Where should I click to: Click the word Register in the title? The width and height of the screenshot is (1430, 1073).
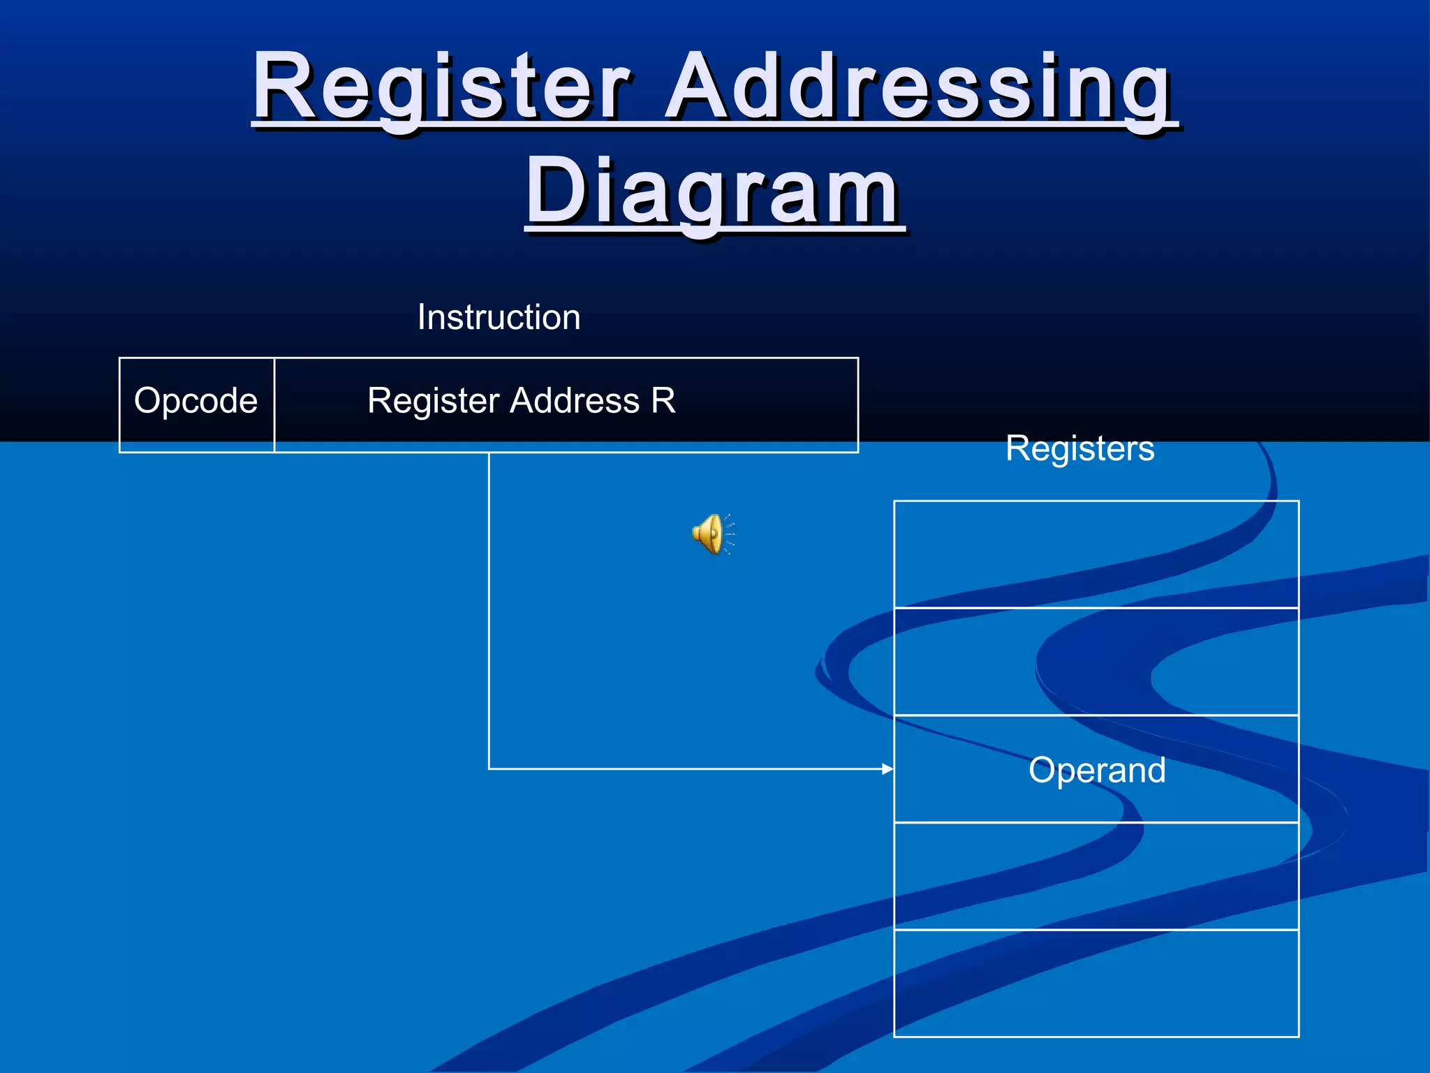click(441, 87)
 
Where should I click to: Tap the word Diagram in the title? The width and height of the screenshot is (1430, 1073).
click(714, 191)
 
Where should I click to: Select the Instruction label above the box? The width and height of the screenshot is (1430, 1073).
click(499, 317)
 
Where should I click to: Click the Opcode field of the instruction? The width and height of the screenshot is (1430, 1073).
click(196, 402)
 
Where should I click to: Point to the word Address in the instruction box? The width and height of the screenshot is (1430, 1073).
click(575, 401)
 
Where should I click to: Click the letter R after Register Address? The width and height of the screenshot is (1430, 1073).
click(663, 401)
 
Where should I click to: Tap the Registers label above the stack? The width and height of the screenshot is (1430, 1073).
click(1079, 448)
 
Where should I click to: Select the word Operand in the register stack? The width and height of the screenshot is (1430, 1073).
click(1097, 770)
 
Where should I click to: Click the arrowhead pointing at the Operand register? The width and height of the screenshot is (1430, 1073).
click(887, 769)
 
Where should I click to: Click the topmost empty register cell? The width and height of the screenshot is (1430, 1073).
click(1096, 554)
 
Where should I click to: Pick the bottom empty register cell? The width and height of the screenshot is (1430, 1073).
click(1096, 984)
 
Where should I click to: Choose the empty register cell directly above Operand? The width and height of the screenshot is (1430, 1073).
click(1096, 662)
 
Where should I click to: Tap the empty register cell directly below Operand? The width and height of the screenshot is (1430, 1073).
click(1096, 876)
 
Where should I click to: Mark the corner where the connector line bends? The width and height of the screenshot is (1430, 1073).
click(489, 769)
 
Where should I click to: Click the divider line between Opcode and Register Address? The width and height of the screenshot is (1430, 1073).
click(274, 405)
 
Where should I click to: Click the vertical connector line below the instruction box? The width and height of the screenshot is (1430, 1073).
click(489, 608)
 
